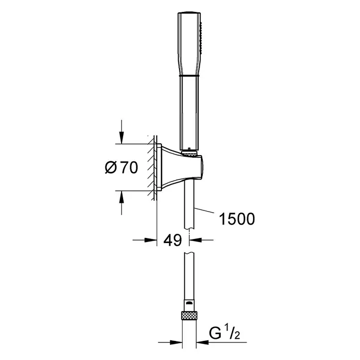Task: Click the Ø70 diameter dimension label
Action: pos(122,168)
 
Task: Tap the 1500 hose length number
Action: pos(237,219)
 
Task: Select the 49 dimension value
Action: pos(173,240)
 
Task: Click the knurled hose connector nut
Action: pos(189,315)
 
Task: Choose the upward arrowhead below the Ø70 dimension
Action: pos(122,197)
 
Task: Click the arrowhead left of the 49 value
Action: pos(151,240)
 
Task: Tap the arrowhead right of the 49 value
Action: pos(196,240)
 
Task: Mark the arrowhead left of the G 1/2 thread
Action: pos(176,342)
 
